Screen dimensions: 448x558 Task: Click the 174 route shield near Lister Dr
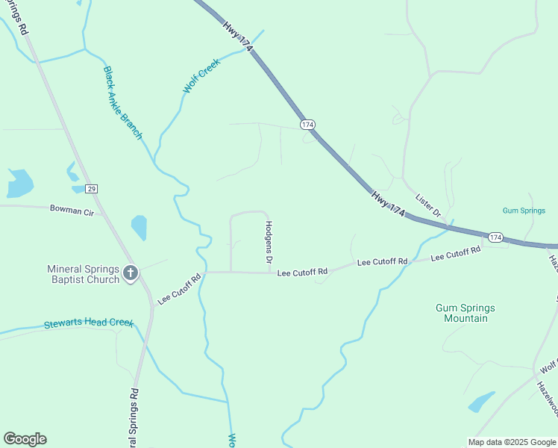click(x=496, y=237)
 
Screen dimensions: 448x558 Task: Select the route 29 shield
click(x=91, y=188)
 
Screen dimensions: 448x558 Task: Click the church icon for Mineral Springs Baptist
click(x=131, y=273)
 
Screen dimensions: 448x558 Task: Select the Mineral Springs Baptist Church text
click(x=83, y=274)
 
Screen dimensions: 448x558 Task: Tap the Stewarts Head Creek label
click(x=88, y=324)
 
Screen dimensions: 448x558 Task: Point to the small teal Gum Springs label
click(x=524, y=211)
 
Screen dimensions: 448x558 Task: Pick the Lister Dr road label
click(x=429, y=201)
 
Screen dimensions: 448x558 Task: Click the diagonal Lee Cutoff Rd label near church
click(x=180, y=289)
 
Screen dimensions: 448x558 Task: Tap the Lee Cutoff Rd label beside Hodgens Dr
click(x=302, y=273)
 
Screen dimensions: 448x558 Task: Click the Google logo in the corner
click(x=25, y=439)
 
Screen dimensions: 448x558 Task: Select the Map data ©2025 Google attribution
click(x=512, y=442)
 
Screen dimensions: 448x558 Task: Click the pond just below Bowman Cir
click(x=139, y=227)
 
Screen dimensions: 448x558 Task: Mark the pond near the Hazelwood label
click(x=481, y=402)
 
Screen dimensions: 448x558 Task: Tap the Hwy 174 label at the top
click(x=238, y=35)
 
